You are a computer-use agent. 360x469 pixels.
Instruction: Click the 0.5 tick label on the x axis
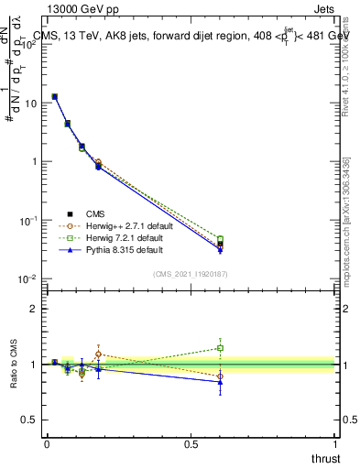point(191,444)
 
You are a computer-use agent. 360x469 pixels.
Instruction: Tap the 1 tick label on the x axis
point(335,444)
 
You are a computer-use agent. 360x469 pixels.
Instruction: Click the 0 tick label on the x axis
point(47,444)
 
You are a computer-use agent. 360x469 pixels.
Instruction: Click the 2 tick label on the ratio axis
point(33,309)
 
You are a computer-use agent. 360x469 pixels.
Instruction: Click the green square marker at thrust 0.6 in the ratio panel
point(220,348)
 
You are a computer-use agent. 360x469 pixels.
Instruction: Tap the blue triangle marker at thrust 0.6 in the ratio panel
point(220,382)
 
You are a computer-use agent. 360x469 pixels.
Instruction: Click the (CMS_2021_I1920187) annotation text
point(190,274)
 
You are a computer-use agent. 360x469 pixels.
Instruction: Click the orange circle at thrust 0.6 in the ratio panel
point(220,376)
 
